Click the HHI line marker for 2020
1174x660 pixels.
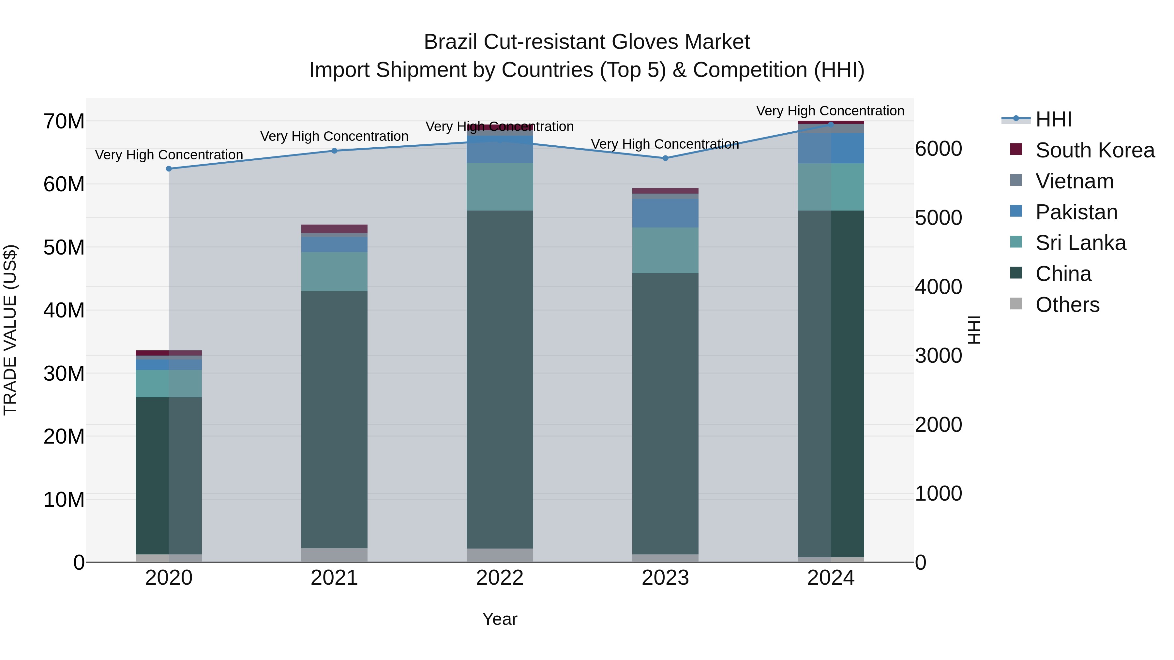[x=169, y=169]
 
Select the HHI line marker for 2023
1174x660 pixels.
[x=665, y=158]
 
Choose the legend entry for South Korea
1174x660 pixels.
[x=1094, y=150]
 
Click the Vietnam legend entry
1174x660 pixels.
[x=1074, y=181]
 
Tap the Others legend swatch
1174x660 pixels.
[x=1016, y=304]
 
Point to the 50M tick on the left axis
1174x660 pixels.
[x=64, y=247]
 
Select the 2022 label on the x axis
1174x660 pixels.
[x=500, y=578]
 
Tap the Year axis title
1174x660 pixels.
[x=500, y=619]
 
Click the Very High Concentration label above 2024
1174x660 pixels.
[x=830, y=111]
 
